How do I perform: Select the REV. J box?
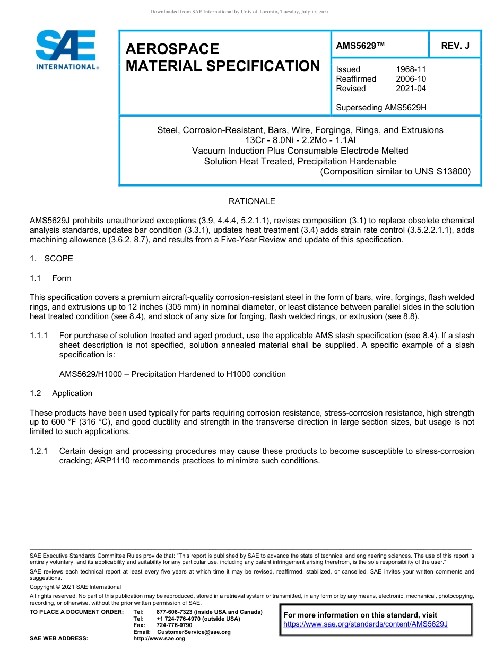tap(455, 46)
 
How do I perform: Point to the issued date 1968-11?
tap(411, 69)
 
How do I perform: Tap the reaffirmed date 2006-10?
tap(411, 79)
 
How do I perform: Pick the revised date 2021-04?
tap(411, 89)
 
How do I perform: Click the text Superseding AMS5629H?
tap(381, 108)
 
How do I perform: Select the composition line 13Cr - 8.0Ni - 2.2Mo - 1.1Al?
tap(300, 140)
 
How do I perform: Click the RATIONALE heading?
tap(251, 201)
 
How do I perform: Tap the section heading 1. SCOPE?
tap(51, 259)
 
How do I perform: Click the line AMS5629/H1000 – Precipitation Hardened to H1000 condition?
tap(172, 374)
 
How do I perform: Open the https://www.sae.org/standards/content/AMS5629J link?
tap(366, 624)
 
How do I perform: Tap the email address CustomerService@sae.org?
tap(194, 632)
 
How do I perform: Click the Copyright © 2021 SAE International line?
tap(75, 587)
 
